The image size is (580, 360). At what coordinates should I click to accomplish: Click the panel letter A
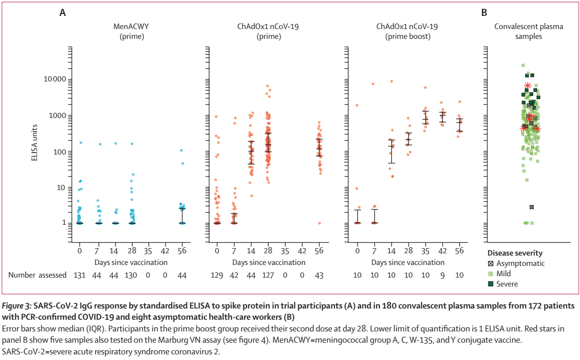[x=62, y=13]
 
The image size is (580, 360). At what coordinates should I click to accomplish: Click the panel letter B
[x=484, y=13]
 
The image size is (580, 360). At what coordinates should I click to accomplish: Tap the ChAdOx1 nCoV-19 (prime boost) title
[x=403, y=31]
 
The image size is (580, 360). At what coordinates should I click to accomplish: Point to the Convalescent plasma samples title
[x=529, y=31]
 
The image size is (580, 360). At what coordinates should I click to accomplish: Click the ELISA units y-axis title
[x=35, y=144]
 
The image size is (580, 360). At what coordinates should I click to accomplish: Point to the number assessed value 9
[x=441, y=275]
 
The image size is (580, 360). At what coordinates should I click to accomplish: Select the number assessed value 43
[x=319, y=275]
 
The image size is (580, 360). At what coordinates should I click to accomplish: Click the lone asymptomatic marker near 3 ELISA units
[x=531, y=207]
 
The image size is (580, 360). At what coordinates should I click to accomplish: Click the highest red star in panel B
[x=528, y=86]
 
